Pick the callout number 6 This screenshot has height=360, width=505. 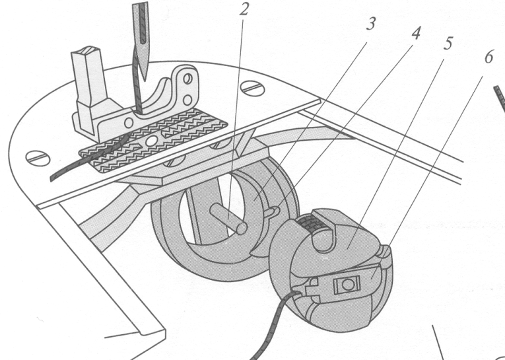[488, 57]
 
